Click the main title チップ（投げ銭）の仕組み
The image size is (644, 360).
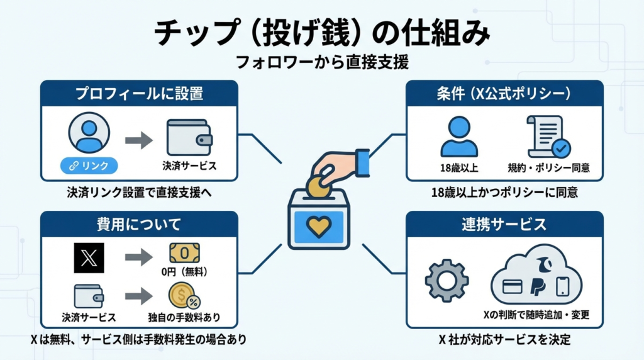tap(321, 32)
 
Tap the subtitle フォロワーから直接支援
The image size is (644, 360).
tap(321, 64)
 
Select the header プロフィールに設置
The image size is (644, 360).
tap(139, 94)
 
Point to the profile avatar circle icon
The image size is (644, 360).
tap(89, 133)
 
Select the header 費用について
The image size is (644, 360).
tap(139, 225)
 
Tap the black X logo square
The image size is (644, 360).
tap(89, 257)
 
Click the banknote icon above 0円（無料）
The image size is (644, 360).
tap(184, 253)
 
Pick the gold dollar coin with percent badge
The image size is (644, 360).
tap(182, 295)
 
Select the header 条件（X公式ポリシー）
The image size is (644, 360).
tap(505, 94)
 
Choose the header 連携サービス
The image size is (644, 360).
tap(505, 225)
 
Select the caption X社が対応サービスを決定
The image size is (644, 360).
tap(505, 340)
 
